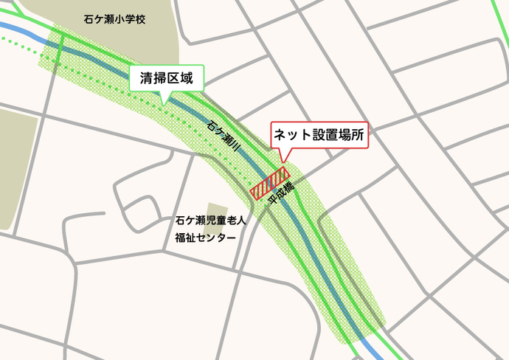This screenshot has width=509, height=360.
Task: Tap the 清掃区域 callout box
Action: coord(166,77)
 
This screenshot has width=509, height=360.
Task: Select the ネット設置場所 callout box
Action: coord(319,135)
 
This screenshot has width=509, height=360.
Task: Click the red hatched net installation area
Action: coord(269,184)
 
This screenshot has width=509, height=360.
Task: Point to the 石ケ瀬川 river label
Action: coord(224,137)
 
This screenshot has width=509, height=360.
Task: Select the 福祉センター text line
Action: coord(205,238)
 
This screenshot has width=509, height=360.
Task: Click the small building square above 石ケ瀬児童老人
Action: coord(218,210)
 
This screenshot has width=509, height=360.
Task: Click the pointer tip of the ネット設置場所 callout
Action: coord(283,162)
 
